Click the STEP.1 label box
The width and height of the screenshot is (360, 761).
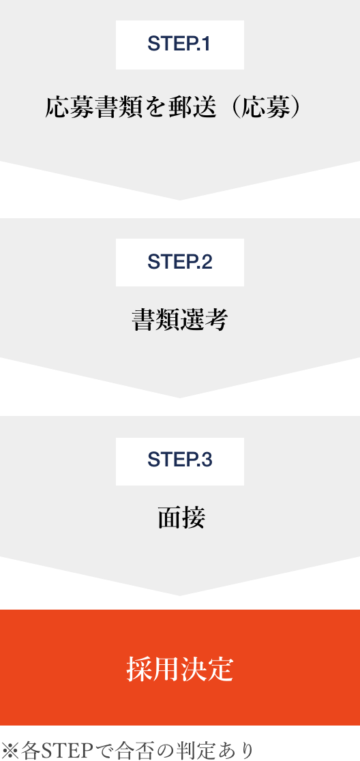180,44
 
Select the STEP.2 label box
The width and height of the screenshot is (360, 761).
180,262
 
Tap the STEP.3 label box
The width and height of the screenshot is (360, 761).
180,461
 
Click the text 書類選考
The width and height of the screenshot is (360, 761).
180,320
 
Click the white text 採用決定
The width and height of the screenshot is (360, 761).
180,670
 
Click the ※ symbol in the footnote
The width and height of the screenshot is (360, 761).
10,750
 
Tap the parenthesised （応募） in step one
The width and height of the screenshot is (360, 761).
267,107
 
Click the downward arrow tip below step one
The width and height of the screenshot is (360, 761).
180,200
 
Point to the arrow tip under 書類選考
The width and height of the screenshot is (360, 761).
180,398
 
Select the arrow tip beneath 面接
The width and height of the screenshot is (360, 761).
180,595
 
